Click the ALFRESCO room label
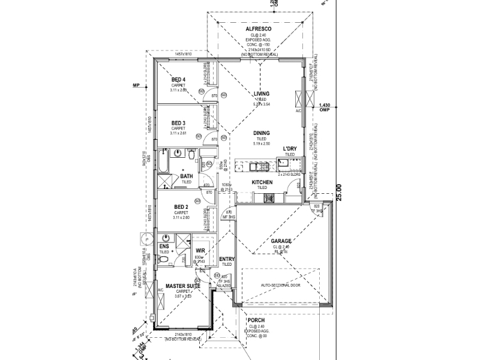pyautogui.click(x=259, y=29)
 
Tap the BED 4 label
pyautogui.click(x=178, y=80)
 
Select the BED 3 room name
pyautogui.click(x=178, y=123)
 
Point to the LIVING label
pyautogui.click(x=261, y=94)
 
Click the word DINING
pyautogui.click(x=261, y=133)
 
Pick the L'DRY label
pyautogui.click(x=290, y=148)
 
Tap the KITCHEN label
pyautogui.click(x=262, y=182)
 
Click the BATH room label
pyautogui.click(x=187, y=176)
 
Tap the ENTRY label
pyautogui.click(x=227, y=259)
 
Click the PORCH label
pyautogui.click(x=256, y=320)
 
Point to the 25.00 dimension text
pyautogui.click(x=338, y=192)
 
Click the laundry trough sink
pyautogui.click(x=282, y=161)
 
